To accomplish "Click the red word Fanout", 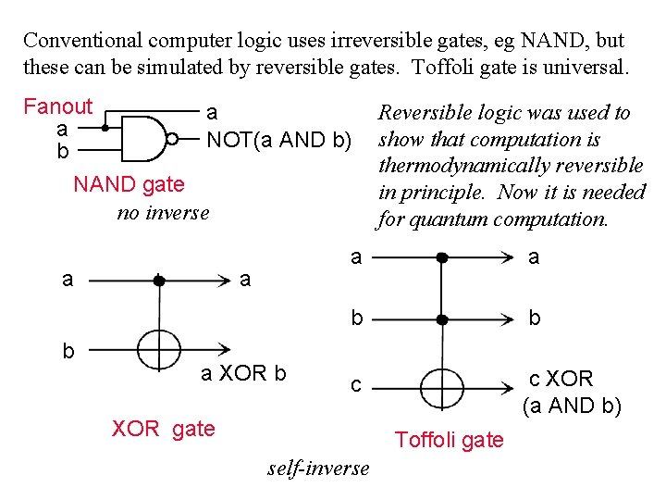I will click(x=57, y=106).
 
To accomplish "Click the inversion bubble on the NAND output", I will click(x=172, y=139).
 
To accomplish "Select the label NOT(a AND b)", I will click(x=278, y=141).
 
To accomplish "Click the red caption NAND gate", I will click(x=129, y=184).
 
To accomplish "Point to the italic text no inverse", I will click(x=163, y=213).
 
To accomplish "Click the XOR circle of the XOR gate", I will click(x=158, y=350).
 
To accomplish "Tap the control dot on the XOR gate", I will click(x=158, y=279).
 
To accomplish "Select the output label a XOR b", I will click(x=244, y=374).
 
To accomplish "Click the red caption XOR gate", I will click(x=163, y=429).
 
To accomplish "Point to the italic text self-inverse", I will click(x=318, y=468).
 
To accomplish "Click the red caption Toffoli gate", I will click(x=450, y=440).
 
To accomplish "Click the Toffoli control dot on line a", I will click(x=442, y=256).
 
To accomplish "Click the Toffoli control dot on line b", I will click(x=442, y=319).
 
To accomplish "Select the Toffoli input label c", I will click(x=355, y=384).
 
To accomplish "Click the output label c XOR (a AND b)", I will click(x=571, y=392).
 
